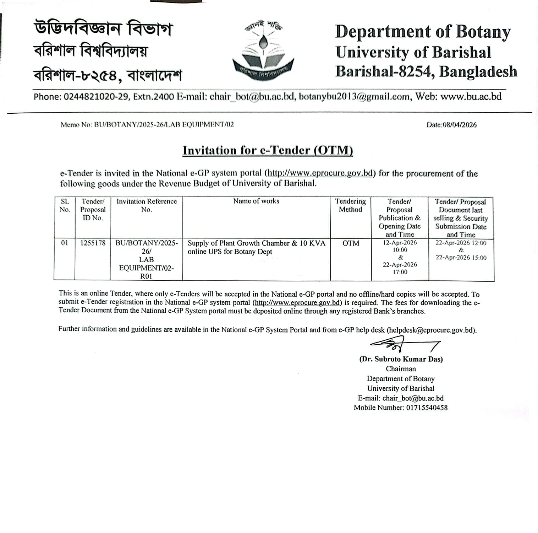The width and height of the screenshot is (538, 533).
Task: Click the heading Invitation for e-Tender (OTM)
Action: (268, 150)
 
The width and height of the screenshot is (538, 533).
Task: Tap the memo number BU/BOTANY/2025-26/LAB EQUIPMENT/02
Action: (164, 124)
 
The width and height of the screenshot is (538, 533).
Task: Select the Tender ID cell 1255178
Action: (93, 243)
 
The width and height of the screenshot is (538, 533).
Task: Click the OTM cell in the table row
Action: (351, 243)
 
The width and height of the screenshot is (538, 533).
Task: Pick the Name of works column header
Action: (256, 201)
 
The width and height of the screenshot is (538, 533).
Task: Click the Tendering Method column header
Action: (350, 205)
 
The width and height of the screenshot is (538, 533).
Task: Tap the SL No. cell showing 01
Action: (65, 243)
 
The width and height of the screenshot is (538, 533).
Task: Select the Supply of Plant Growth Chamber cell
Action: (256, 247)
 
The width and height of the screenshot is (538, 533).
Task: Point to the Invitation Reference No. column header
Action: (146, 205)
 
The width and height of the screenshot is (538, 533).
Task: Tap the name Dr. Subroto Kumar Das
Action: (401, 359)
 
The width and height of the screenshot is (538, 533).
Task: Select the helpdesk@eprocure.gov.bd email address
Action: (431, 330)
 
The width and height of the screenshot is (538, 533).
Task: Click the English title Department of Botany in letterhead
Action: (423, 32)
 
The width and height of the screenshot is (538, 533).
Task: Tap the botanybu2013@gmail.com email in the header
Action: (355, 97)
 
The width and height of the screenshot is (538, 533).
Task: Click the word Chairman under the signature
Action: (401, 369)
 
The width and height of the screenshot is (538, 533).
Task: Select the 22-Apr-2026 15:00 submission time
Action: (461, 258)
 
